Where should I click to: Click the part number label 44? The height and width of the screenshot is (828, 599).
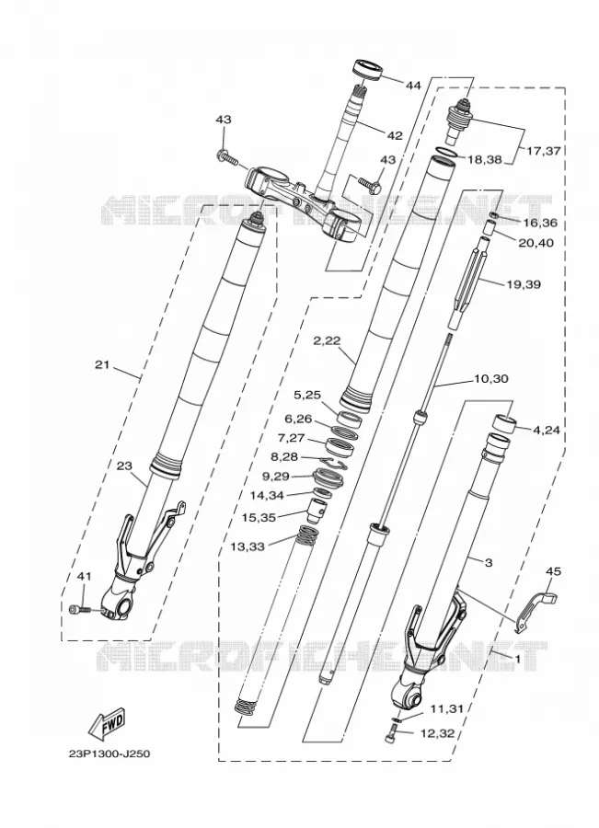(x=413, y=85)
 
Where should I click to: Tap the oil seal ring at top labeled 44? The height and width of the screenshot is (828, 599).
(x=366, y=70)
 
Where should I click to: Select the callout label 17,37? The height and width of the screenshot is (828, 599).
(x=544, y=151)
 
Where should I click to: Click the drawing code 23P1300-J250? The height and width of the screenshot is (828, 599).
(x=109, y=753)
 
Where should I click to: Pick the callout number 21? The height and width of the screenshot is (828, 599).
(x=102, y=364)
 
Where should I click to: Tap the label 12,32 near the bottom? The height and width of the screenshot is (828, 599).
(x=437, y=733)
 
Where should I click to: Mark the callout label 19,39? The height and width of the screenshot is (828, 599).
(x=524, y=284)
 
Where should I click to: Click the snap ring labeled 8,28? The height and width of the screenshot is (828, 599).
(x=334, y=463)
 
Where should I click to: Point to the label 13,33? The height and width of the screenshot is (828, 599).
(x=248, y=546)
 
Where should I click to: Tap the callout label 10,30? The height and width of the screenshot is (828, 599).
(x=491, y=379)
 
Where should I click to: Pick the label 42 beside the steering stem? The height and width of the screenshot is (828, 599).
(x=395, y=136)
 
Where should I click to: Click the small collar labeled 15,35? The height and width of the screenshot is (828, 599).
(x=317, y=512)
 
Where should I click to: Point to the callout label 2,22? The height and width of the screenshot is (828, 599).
(x=327, y=341)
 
